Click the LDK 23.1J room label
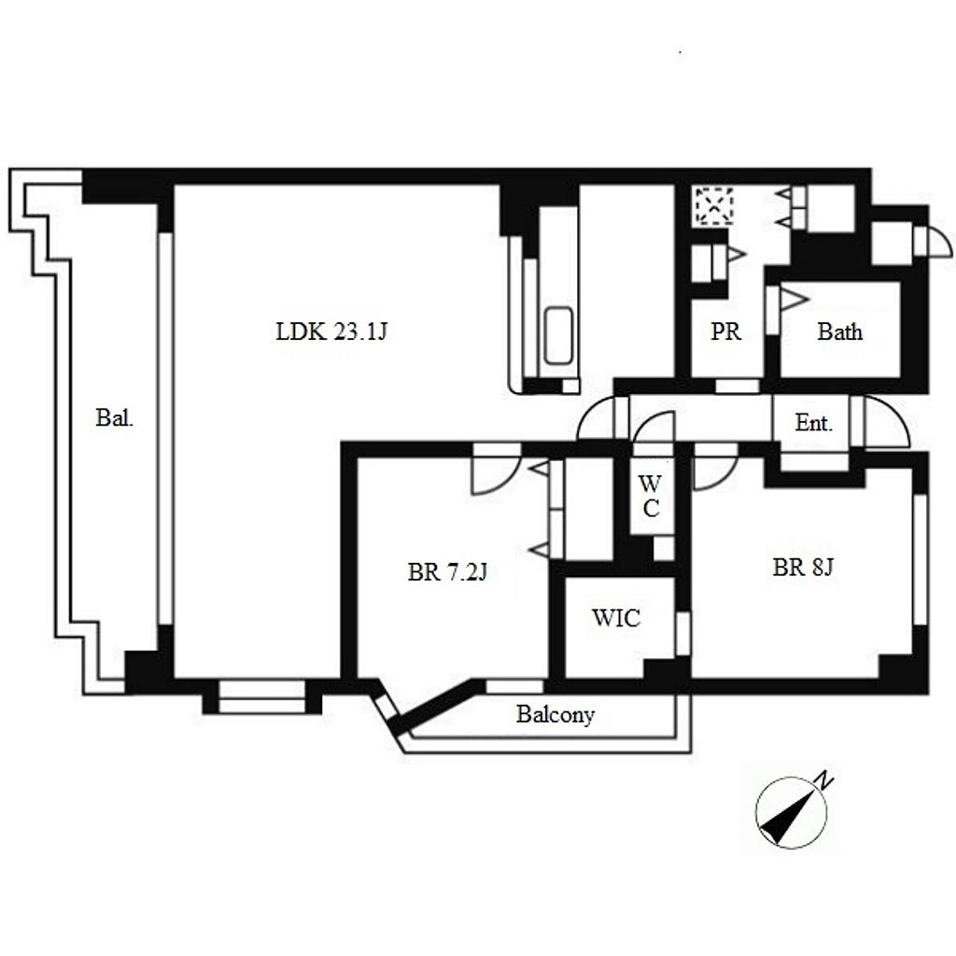click(x=331, y=331)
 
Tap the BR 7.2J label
click(x=447, y=572)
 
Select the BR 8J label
click(x=802, y=568)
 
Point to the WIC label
click(x=616, y=618)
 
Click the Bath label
click(x=839, y=331)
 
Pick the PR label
click(x=725, y=331)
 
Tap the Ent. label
click(x=813, y=423)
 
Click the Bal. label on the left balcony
click(x=114, y=417)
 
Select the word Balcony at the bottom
click(x=555, y=714)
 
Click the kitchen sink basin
click(x=558, y=336)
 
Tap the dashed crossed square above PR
click(x=713, y=206)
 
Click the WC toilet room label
click(x=650, y=496)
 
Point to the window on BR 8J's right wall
click(x=920, y=560)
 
